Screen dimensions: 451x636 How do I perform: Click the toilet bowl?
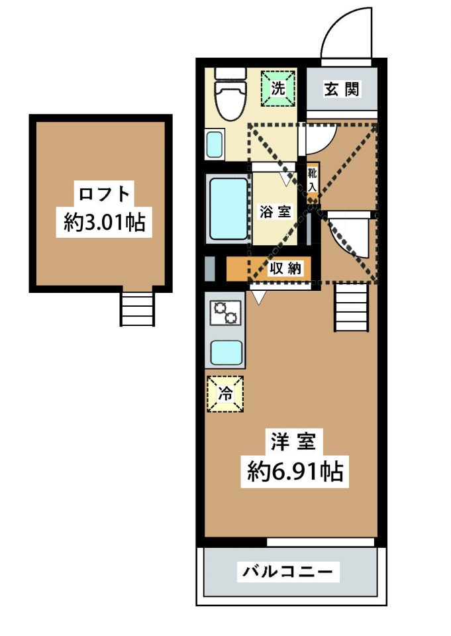(x=230, y=100)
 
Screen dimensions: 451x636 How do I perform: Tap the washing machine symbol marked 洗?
(x=278, y=88)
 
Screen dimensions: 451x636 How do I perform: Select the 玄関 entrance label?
(x=342, y=88)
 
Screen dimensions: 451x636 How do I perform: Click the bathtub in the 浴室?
(x=228, y=209)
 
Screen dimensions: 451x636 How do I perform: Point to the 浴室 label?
(x=276, y=211)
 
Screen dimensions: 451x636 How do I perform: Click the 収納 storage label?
(x=285, y=268)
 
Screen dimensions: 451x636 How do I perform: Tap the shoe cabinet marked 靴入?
(x=312, y=181)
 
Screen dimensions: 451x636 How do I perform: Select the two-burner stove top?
(x=225, y=313)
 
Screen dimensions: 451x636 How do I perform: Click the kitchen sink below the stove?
(x=226, y=352)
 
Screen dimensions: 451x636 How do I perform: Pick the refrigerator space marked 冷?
(x=225, y=394)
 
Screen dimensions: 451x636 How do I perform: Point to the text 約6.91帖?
(x=295, y=471)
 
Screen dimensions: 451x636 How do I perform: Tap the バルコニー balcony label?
(x=287, y=572)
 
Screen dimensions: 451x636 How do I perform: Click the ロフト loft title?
(x=104, y=194)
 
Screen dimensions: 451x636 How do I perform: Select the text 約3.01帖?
(x=104, y=222)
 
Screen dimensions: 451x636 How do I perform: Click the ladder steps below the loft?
(x=138, y=306)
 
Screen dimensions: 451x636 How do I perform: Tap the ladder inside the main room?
(x=352, y=307)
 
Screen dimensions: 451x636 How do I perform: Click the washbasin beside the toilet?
(x=215, y=144)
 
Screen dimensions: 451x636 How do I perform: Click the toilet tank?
(x=230, y=74)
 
